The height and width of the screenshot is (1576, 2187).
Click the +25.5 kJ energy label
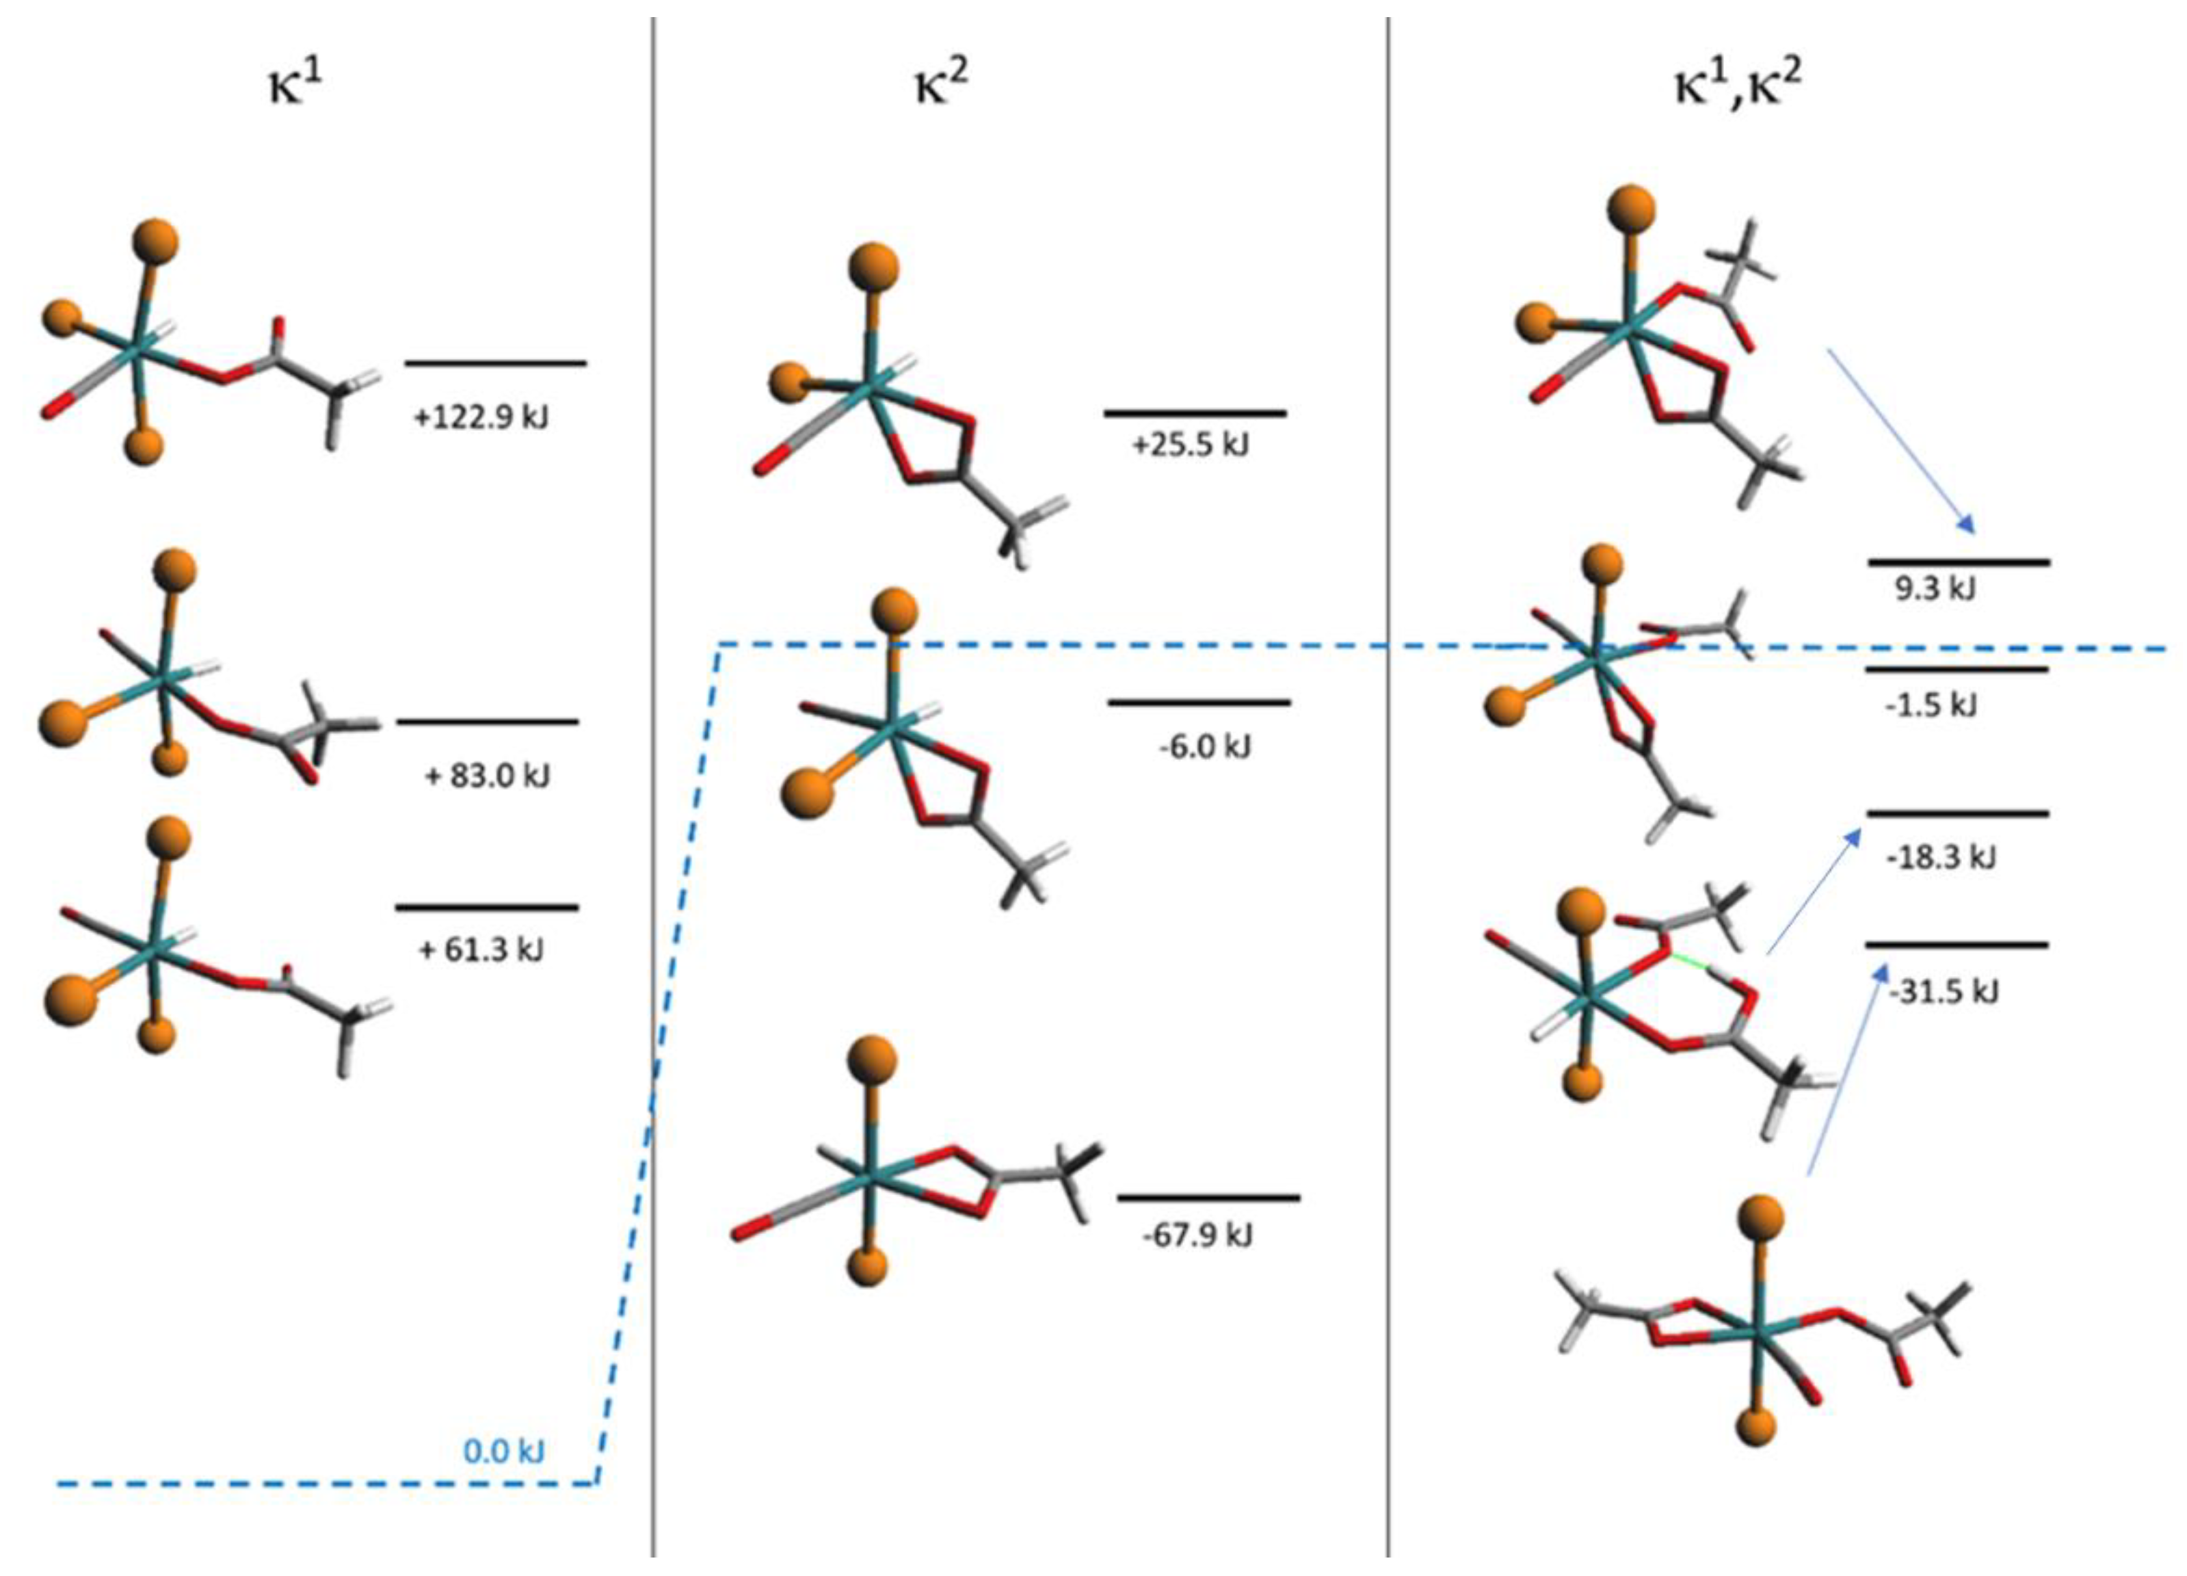point(1190,445)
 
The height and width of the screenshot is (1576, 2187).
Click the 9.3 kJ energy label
point(1935,588)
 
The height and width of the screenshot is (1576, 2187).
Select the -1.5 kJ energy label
point(1931,705)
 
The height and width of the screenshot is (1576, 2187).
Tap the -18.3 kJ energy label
point(1940,856)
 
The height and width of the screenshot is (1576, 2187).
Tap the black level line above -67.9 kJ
point(1208,1198)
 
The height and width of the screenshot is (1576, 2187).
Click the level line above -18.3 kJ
point(1957,814)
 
